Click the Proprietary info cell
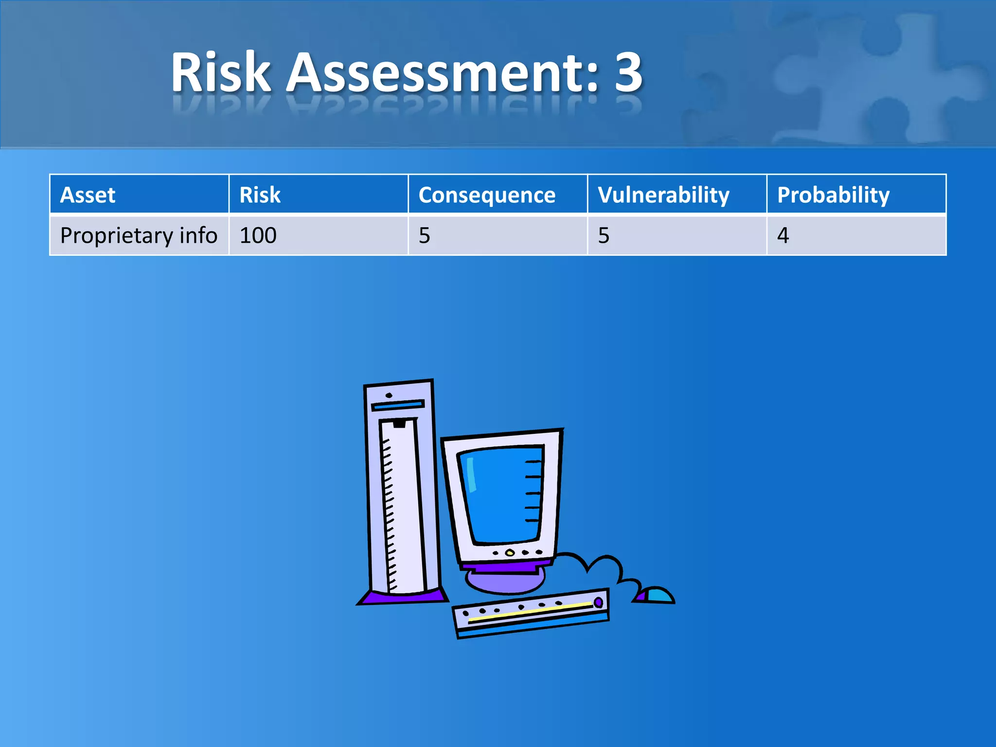coord(139,236)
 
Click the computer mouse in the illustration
coord(657,595)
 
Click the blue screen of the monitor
coord(501,494)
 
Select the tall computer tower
coord(401,491)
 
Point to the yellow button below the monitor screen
coord(510,553)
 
